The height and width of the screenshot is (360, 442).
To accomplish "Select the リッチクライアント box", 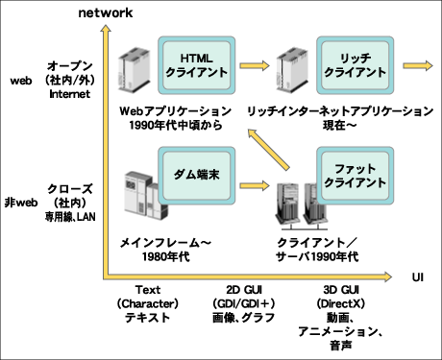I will [x=356, y=65].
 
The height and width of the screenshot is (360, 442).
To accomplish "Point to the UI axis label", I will [x=418, y=277].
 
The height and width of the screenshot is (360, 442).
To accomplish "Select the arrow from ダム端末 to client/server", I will [x=253, y=182].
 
